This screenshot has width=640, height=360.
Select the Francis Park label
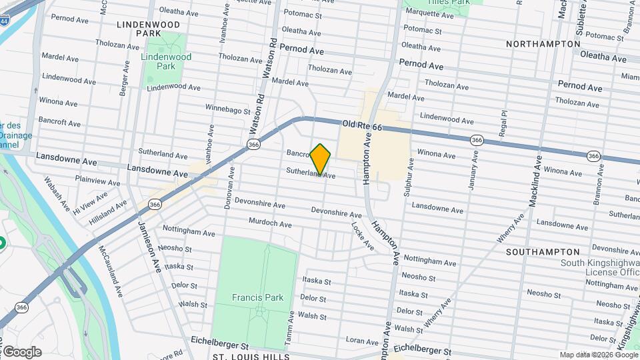click(x=258, y=297)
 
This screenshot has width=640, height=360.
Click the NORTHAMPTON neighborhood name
click(x=543, y=44)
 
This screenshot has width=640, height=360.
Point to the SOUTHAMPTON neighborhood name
click(x=543, y=252)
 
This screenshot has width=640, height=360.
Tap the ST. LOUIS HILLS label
click(x=251, y=357)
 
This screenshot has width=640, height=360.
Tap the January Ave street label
click(x=474, y=171)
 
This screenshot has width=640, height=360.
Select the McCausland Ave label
click(x=110, y=271)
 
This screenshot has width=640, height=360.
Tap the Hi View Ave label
click(x=90, y=200)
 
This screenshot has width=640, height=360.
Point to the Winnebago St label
click(x=228, y=107)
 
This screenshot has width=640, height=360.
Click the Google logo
click(x=22, y=352)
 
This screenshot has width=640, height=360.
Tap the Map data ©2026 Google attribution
click(x=598, y=355)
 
